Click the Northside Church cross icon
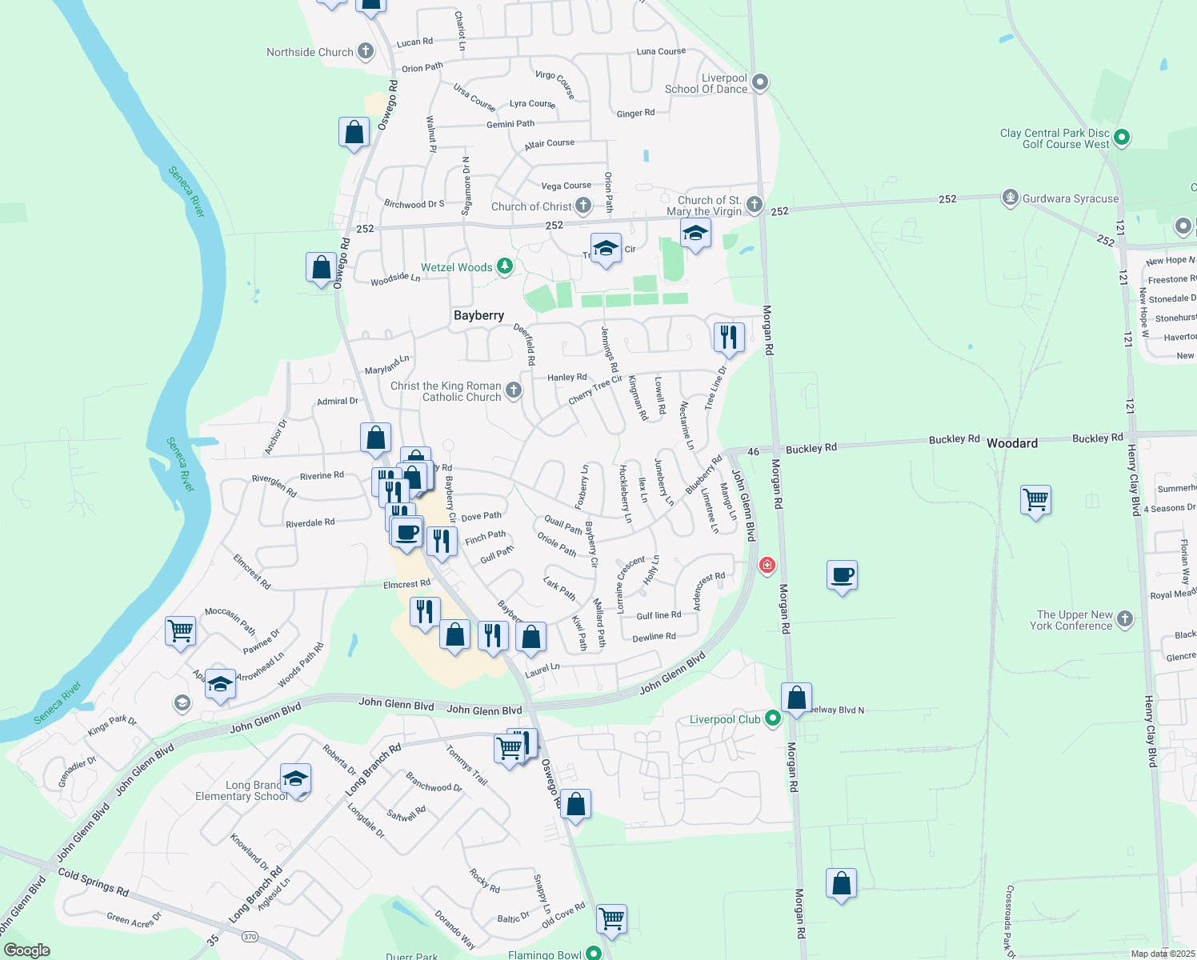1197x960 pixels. point(365,52)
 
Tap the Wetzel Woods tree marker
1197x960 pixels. point(504,266)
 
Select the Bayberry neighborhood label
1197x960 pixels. point(478,315)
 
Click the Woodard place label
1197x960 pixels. point(1011,443)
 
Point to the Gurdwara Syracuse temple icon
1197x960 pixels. point(1011,198)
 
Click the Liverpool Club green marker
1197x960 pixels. point(772,718)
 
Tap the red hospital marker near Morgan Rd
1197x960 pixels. point(767,566)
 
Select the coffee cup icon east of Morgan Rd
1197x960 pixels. point(842,574)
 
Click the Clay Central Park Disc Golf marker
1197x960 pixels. point(1121,138)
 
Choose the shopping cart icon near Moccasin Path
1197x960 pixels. point(181,630)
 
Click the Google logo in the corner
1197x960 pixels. point(26,950)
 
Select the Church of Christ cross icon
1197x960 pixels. point(583,206)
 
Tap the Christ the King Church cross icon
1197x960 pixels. point(514,390)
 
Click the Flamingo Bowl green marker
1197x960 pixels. point(593,954)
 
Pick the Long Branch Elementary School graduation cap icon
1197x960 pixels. point(295,779)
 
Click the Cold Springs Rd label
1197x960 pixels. point(94,882)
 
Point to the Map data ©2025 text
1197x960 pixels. point(1163,954)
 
